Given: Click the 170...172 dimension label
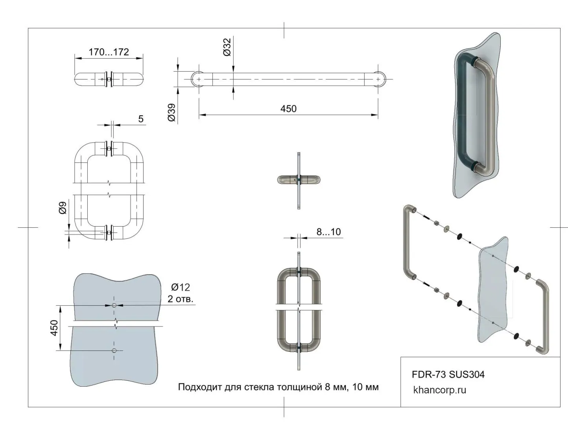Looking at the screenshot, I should (109, 52).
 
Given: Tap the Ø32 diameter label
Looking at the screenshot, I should (227, 47).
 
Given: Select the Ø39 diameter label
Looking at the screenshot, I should (172, 112).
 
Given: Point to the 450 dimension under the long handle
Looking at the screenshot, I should (288, 109).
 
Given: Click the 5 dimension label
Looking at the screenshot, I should (141, 119).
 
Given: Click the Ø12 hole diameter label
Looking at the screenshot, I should (181, 288).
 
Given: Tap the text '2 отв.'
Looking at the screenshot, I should (181, 299).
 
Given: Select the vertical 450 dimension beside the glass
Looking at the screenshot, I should (54, 328).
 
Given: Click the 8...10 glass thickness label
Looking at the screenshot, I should (328, 232).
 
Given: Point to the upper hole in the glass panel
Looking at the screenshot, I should (114, 305).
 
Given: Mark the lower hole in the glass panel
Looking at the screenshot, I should (114, 350).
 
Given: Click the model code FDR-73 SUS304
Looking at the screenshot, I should (448, 374).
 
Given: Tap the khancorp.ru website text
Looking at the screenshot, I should (439, 390).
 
